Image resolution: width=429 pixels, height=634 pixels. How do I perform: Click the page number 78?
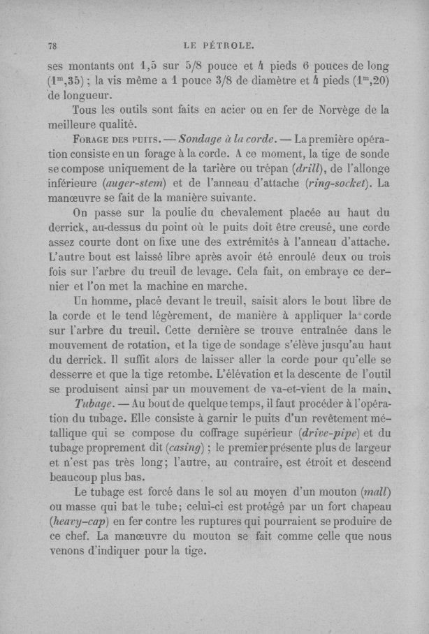(x=51, y=47)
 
